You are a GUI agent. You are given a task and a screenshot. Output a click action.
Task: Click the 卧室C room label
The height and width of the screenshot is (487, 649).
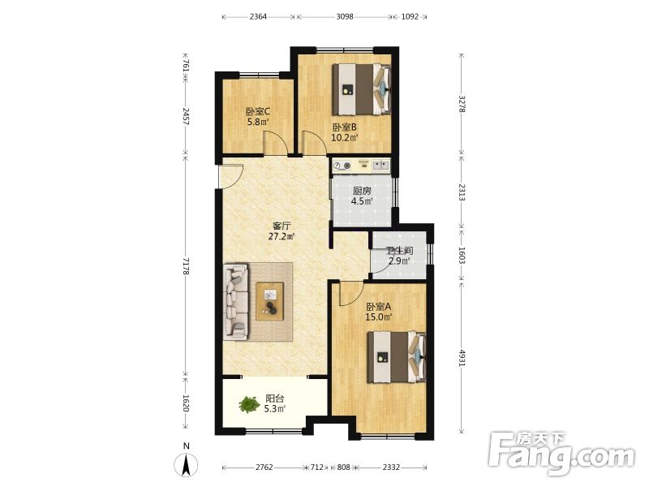pyautogui.click(x=258, y=111)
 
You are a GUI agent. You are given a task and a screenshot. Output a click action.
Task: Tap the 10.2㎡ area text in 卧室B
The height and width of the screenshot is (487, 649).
pyautogui.click(x=344, y=137)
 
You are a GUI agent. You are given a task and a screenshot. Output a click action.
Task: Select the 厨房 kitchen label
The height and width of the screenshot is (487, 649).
pyautogui.click(x=362, y=191)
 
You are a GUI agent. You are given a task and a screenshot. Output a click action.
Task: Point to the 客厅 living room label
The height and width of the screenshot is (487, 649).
pyautogui.click(x=282, y=226)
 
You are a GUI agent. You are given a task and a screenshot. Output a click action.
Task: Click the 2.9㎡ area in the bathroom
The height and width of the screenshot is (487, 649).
pyautogui.click(x=399, y=261)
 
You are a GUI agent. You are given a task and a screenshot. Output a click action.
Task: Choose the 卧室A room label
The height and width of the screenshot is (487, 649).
pyautogui.click(x=378, y=307)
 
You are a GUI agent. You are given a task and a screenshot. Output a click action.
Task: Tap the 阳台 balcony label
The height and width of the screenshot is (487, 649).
pyautogui.click(x=275, y=399)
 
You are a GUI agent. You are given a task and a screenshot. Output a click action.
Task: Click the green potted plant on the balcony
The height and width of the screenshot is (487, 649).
pyautogui.click(x=249, y=404)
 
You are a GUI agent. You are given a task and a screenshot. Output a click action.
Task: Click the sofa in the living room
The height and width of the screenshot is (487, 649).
pyautogui.click(x=236, y=301)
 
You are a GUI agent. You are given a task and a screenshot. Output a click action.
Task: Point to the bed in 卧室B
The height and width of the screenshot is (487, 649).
pyautogui.click(x=362, y=89)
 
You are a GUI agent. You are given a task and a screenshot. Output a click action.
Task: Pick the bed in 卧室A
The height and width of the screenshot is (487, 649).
pyautogui.click(x=397, y=357)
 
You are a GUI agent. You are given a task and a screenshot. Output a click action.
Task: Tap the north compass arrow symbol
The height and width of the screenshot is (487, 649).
pyautogui.click(x=187, y=464)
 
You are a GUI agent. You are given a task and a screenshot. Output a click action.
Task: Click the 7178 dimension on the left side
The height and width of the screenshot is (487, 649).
pyautogui.click(x=186, y=266)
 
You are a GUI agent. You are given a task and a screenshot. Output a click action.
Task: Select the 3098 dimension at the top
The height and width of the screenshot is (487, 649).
pyautogui.click(x=344, y=16)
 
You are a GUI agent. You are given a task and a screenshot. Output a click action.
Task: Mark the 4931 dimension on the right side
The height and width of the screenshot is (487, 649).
pyautogui.click(x=462, y=358)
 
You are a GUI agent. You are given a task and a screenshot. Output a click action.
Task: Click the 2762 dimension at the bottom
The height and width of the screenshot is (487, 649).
pyautogui.click(x=264, y=468)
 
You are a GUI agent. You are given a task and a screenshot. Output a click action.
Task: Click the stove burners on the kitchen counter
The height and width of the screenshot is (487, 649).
pyautogui.click(x=342, y=166)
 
